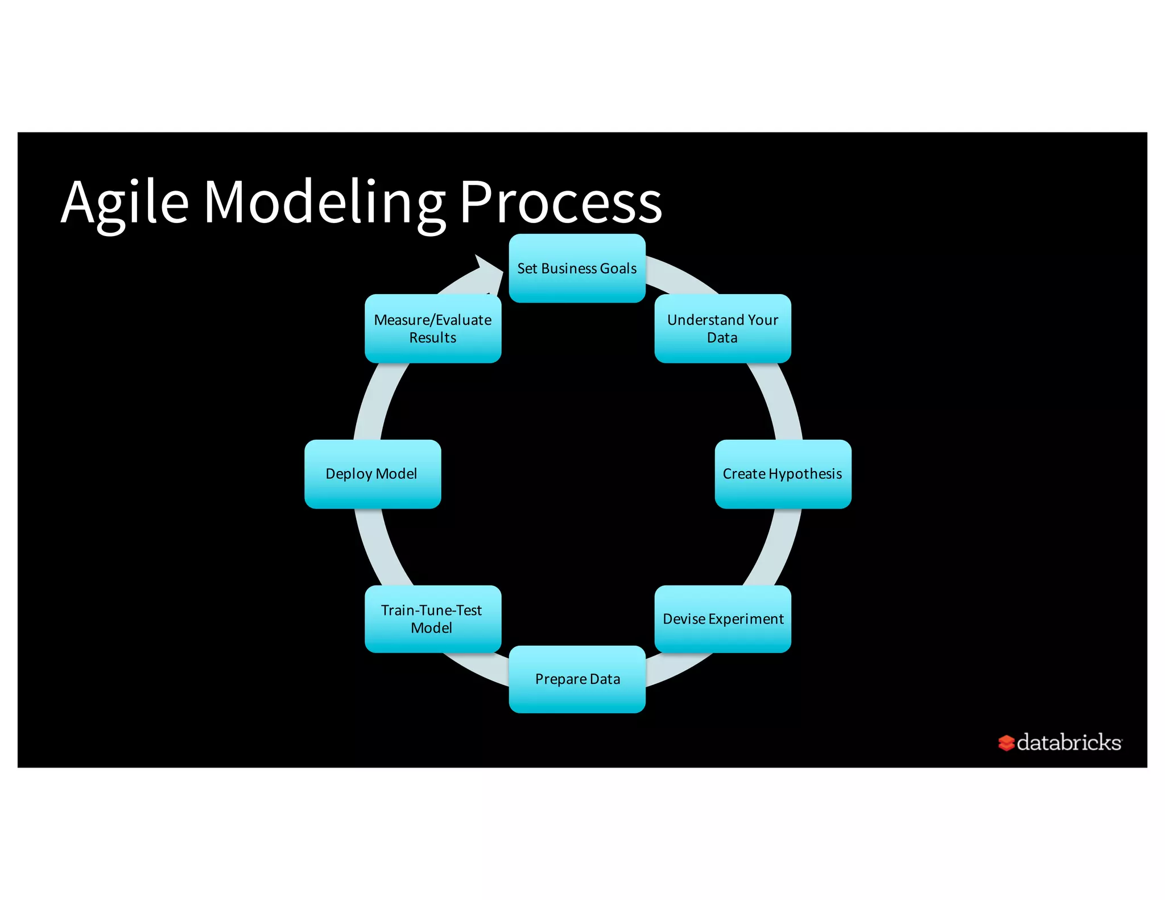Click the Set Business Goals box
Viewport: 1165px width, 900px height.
coord(577,268)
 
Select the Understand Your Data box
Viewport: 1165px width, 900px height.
coord(722,328)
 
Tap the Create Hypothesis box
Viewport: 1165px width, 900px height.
coord(783,473)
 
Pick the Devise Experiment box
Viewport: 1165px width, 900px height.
coord(722,618)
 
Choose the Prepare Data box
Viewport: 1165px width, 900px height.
coord(577,679)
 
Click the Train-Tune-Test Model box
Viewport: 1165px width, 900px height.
coord(432,618)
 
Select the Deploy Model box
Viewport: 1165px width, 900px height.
coord(372,473)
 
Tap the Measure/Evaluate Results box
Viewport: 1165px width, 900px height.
coord(432,328)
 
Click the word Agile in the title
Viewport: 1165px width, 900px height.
coord(125,203)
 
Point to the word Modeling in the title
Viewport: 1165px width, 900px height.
coord(324,203)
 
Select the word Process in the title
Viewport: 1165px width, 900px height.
coord(560,203)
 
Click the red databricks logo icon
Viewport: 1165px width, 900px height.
coord(1006,742)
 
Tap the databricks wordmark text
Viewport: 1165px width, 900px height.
coord(1069,742)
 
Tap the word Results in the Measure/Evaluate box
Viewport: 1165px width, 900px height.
coord(432,338)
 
